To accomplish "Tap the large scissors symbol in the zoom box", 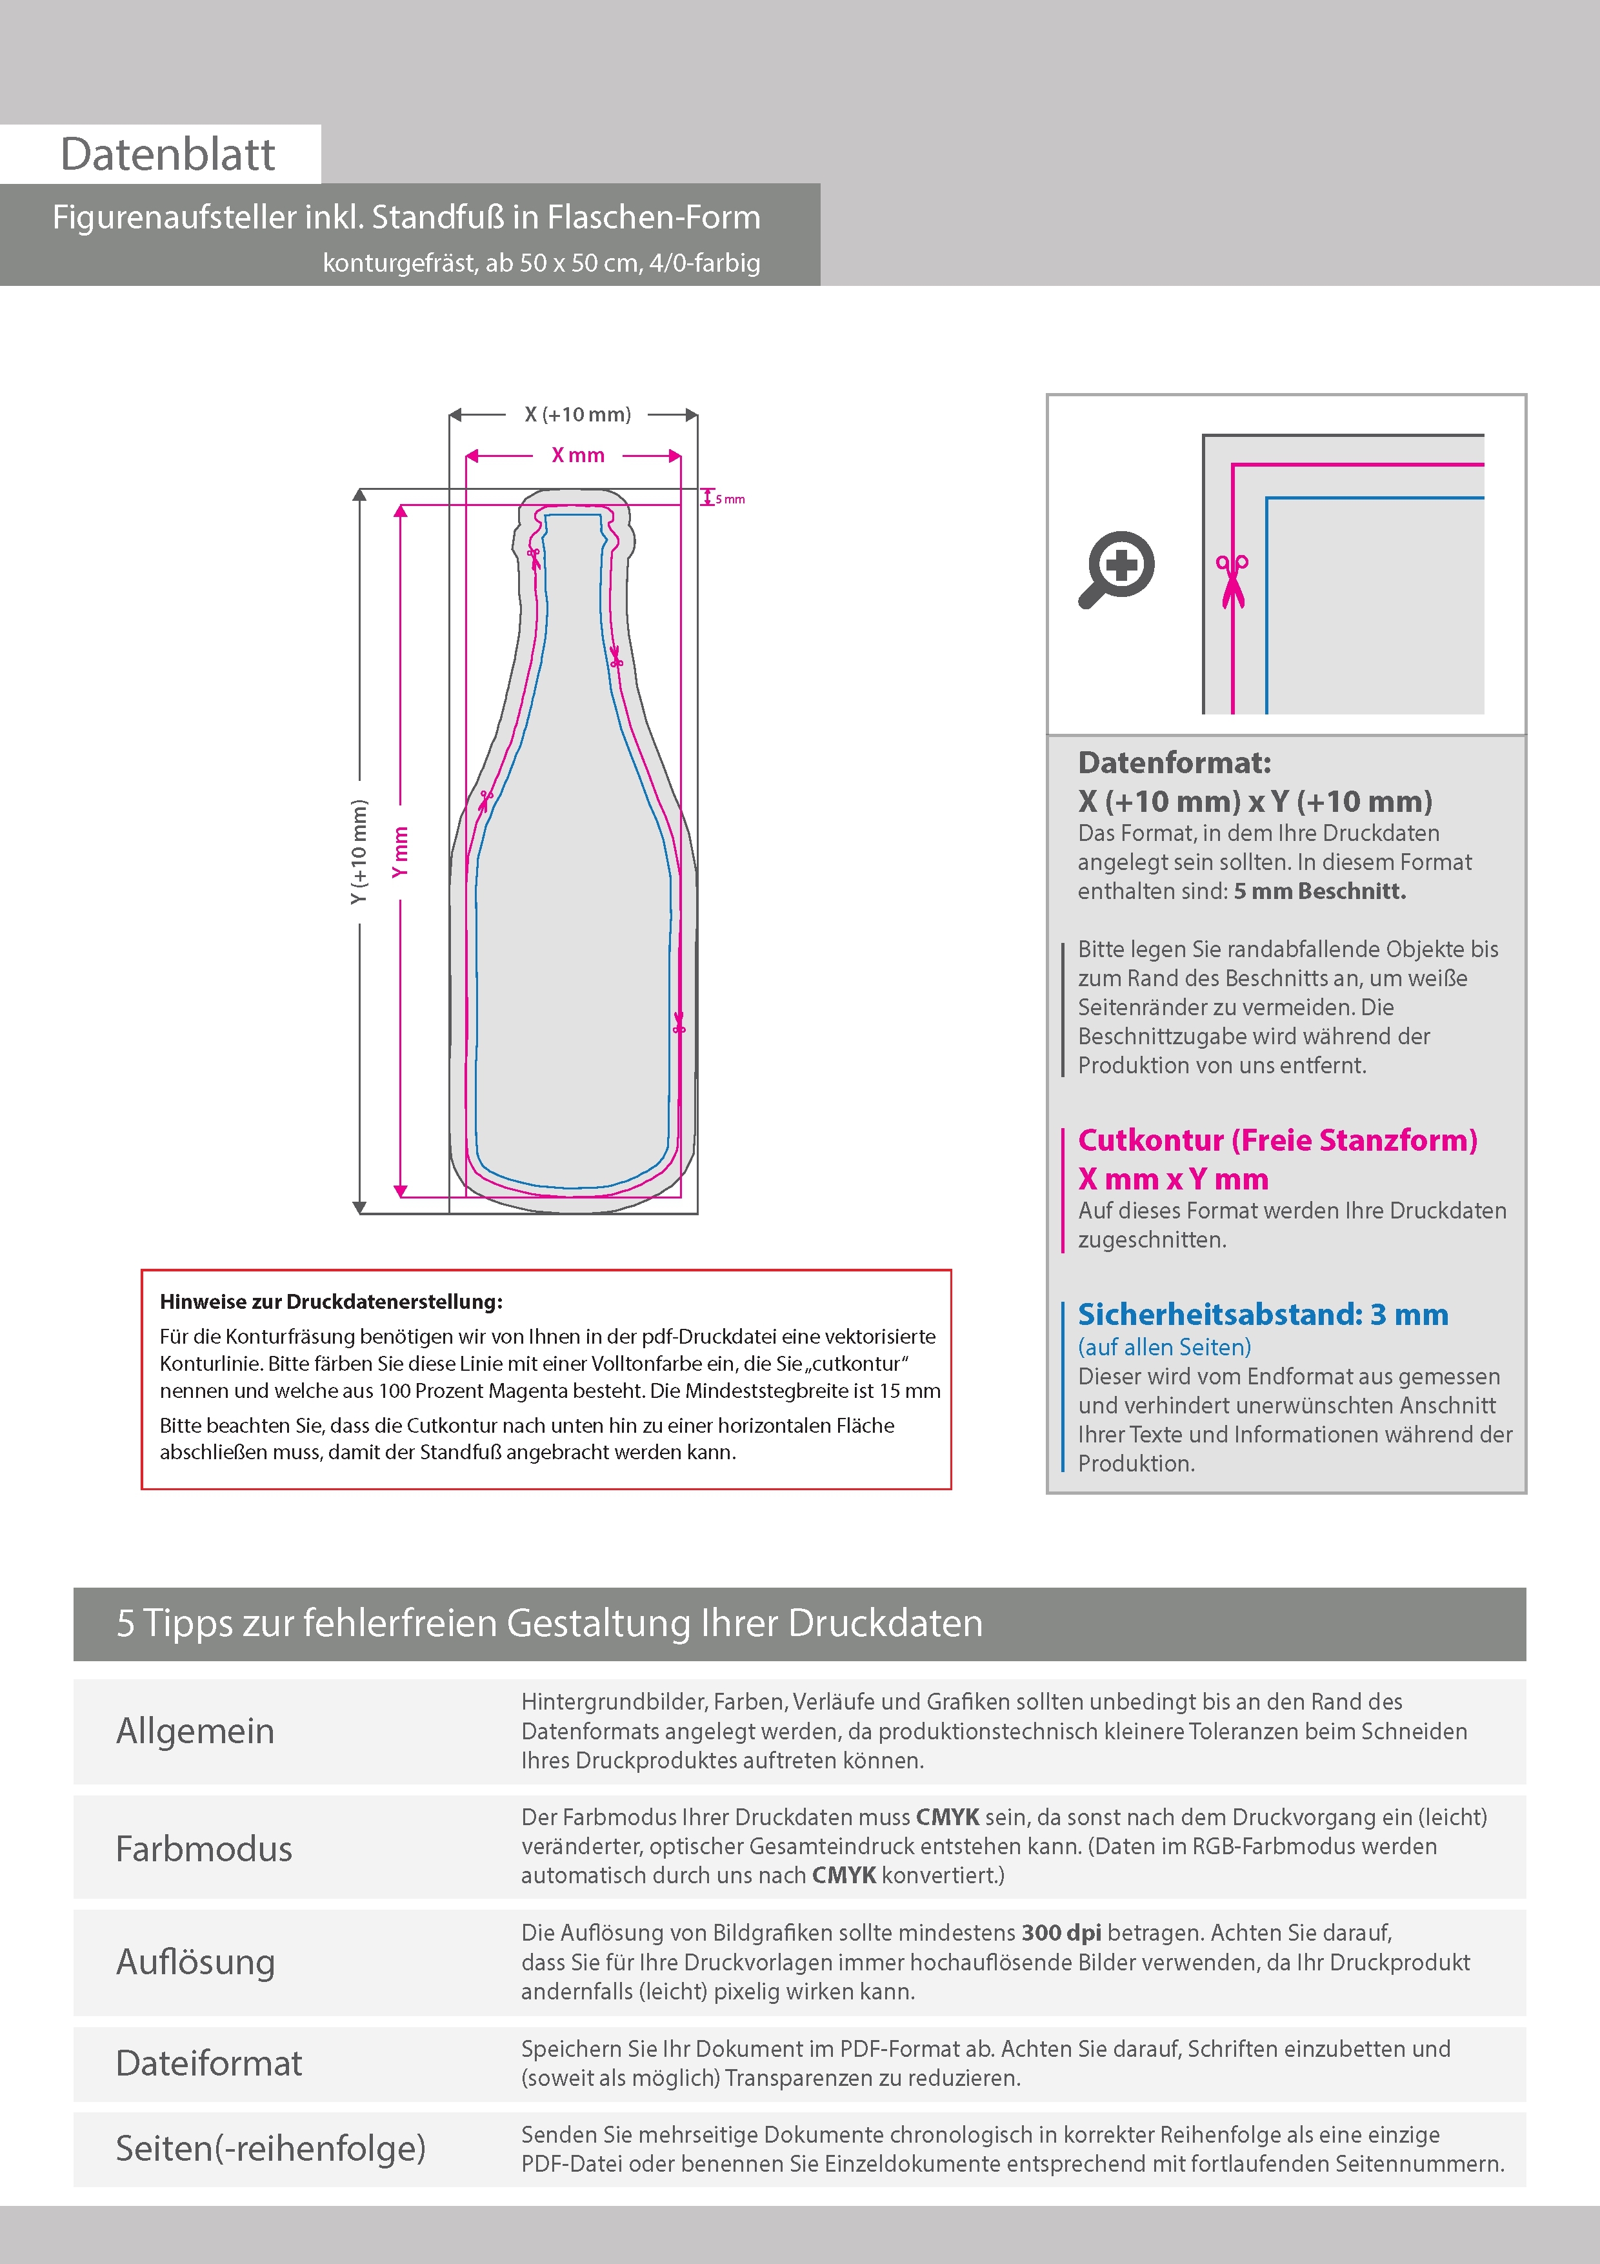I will [1232, 581].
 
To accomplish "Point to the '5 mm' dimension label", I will [730, 499].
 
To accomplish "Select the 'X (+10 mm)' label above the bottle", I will [577, 414].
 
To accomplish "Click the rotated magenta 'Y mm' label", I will [399, 852].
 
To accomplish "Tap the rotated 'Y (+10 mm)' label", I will [359, 852].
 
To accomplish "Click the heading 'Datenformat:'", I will [1174, 762].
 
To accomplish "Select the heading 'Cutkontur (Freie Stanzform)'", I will [1277, 1140].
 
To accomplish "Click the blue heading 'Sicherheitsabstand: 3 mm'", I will [1263, 1315].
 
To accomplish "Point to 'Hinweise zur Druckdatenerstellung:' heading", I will [331, 1302].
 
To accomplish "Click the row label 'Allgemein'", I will [195, 1730].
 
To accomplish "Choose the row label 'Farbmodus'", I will [204, 1848].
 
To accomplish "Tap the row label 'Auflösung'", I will [195, 1961].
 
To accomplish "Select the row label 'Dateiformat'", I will [209, 2063].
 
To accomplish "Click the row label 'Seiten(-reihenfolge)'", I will [270, 2148].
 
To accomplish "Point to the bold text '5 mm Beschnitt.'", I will [1320, 891].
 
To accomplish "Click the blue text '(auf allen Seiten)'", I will [1165, 1347].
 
